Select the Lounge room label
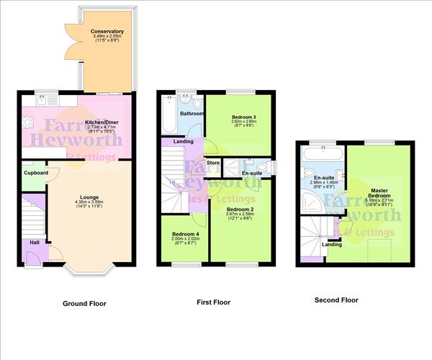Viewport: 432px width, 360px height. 89,196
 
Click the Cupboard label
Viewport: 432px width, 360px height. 35,173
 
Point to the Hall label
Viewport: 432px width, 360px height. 35,243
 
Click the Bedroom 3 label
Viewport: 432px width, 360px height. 243,117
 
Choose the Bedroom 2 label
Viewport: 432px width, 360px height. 238,209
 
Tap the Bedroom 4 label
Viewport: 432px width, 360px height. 184,234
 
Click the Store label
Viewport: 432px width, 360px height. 213,163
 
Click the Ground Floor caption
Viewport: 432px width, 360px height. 84,303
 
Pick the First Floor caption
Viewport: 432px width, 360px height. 214,302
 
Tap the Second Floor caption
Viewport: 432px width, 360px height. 336,300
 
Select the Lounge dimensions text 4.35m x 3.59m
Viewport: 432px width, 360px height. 89,202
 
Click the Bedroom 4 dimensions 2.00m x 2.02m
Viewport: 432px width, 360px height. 184,240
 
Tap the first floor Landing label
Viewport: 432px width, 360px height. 183,141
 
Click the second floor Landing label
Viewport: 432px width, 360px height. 332,244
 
